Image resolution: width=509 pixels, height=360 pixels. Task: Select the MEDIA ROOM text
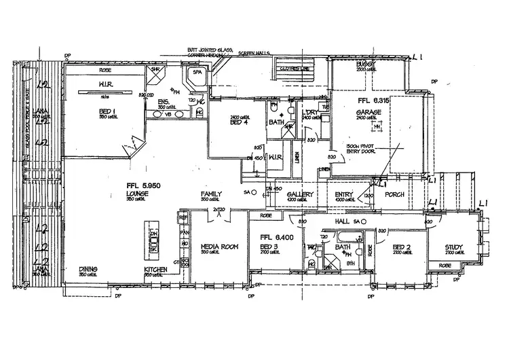[x=219, y=246]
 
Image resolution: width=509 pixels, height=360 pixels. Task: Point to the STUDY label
[x=454, y=247]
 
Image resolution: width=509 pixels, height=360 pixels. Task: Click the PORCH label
[x=394, y=195]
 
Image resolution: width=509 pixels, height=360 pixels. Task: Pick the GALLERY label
[x=299, y=195]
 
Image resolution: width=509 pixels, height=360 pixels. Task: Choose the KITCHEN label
[x=155, y=269]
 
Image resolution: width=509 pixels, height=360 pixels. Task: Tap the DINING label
[x=89, y=269]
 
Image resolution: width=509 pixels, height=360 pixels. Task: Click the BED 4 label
[x=236, y=122]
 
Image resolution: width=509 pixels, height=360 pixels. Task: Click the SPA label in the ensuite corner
[x=197, y=72]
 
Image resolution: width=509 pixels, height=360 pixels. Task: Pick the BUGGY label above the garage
[x=365, y=64]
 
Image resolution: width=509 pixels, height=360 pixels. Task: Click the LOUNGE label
[x=137, y=194]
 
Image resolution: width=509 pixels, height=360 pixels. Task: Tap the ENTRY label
[x=344, y=195]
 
